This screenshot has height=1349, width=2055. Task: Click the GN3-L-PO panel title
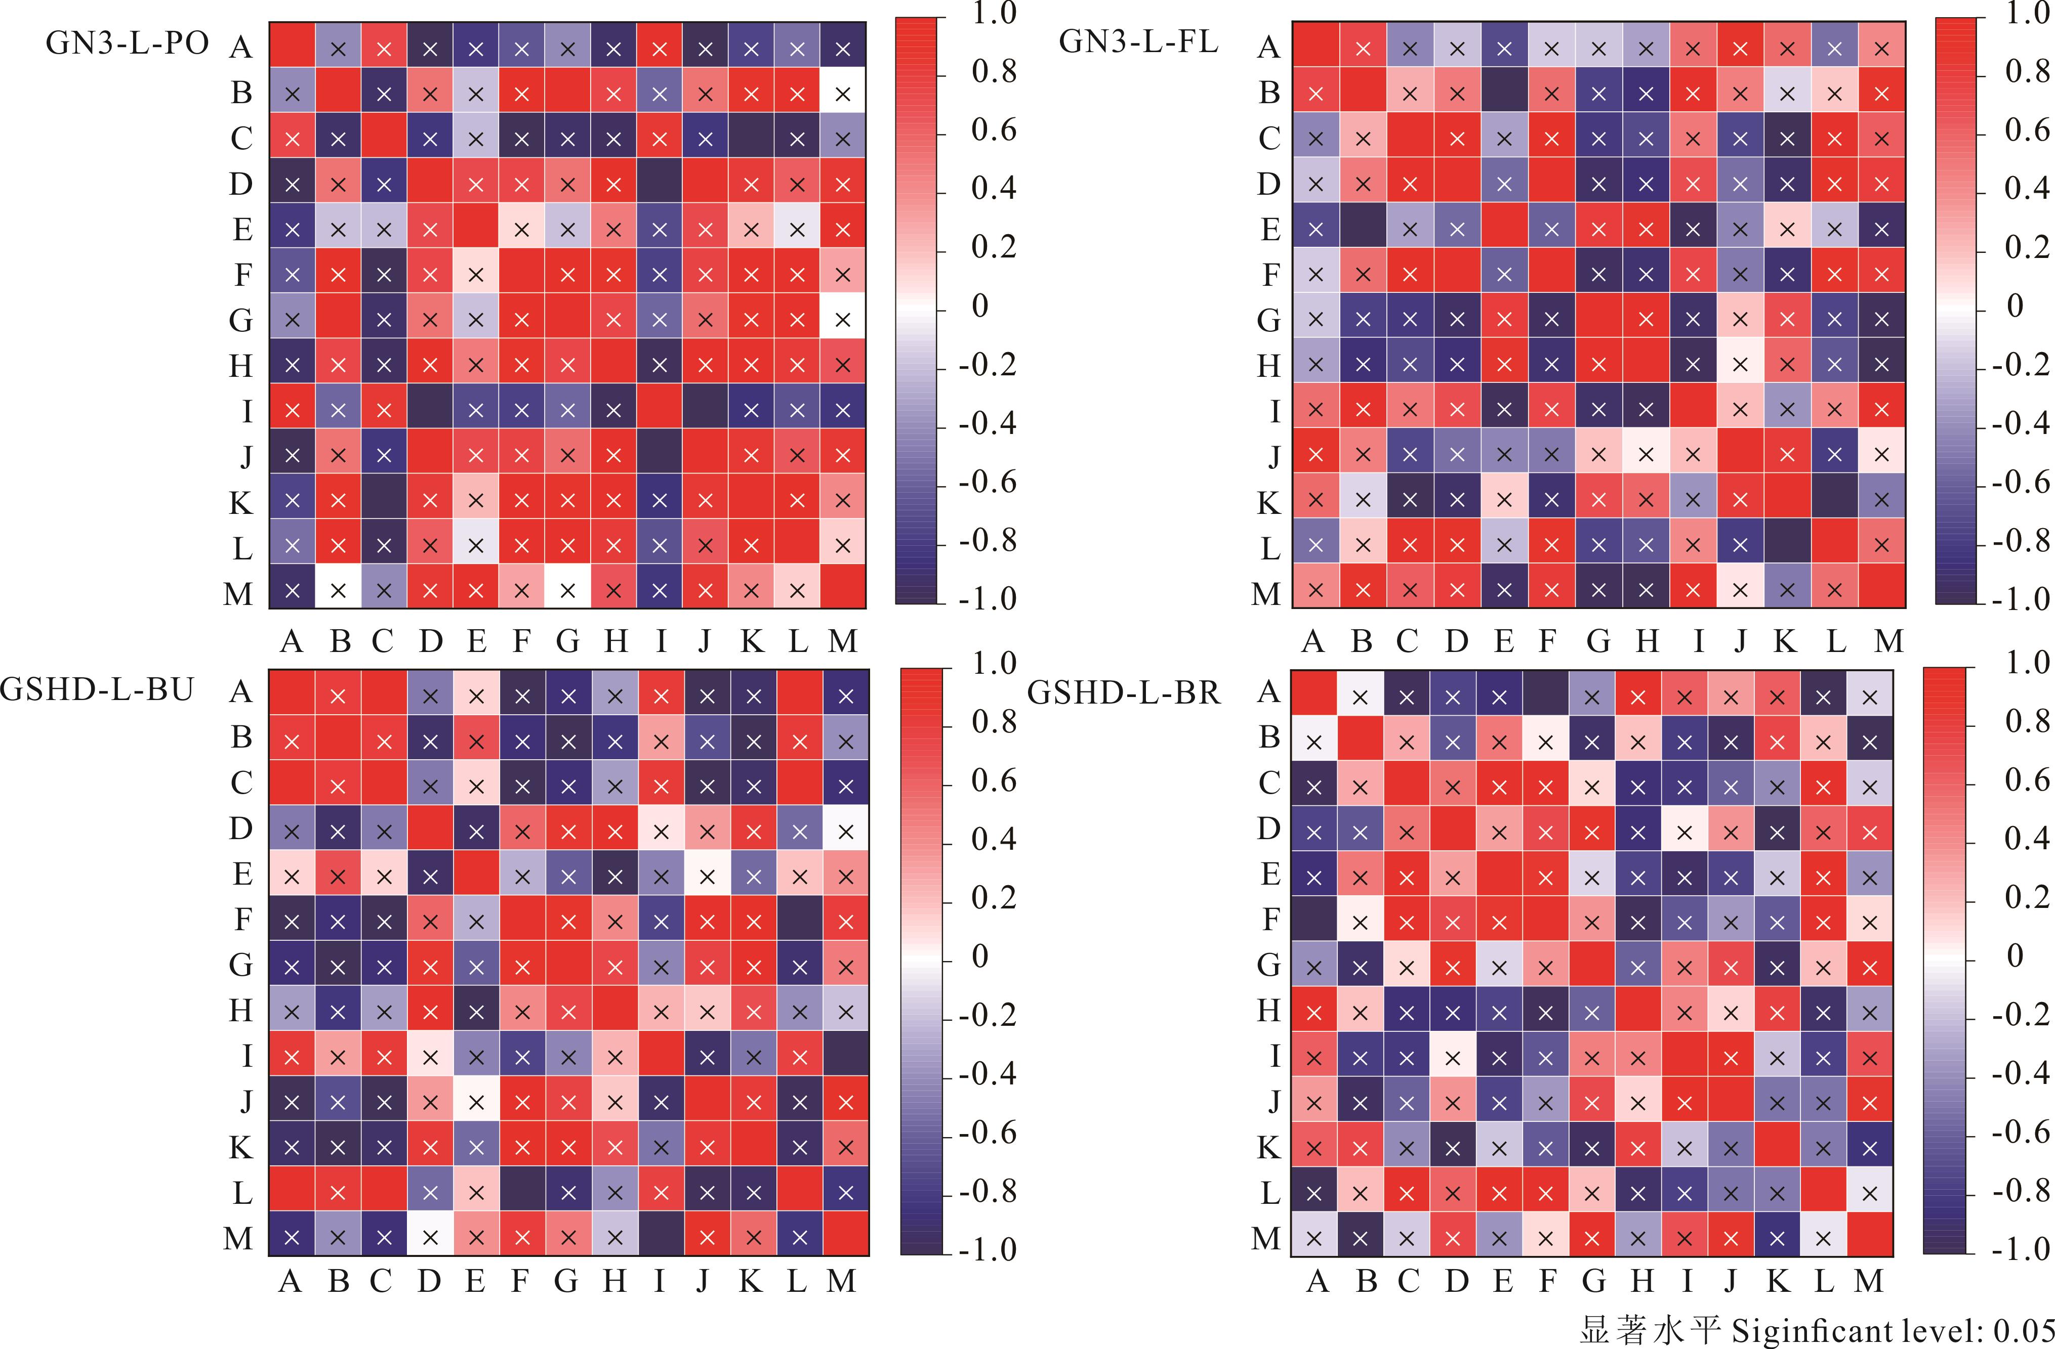[x=127, y=43]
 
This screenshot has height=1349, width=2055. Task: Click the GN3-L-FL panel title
[x=1138, y=41]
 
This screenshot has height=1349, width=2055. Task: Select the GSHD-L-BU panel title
[x=97, y=689]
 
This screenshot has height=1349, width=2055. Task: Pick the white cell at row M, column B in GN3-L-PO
[x=338, y=591]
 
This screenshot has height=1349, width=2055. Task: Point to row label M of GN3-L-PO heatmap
[x=238, y=594]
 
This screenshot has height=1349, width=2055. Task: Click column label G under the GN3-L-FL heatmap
[x=1598, y=641]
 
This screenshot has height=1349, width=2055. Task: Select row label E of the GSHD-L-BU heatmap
[x=242, y=875]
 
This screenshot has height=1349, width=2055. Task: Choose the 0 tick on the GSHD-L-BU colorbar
[x=980, y=956]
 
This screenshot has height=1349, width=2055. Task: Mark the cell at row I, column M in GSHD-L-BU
[x=845, y=1057]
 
